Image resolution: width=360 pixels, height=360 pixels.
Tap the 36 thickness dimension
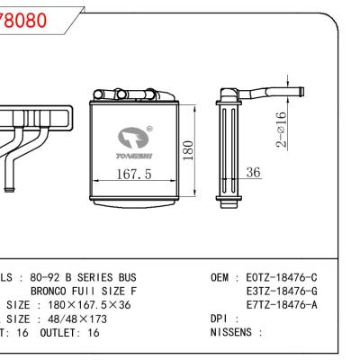(254, 172)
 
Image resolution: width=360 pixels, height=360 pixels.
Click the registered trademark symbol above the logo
(149, 129)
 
